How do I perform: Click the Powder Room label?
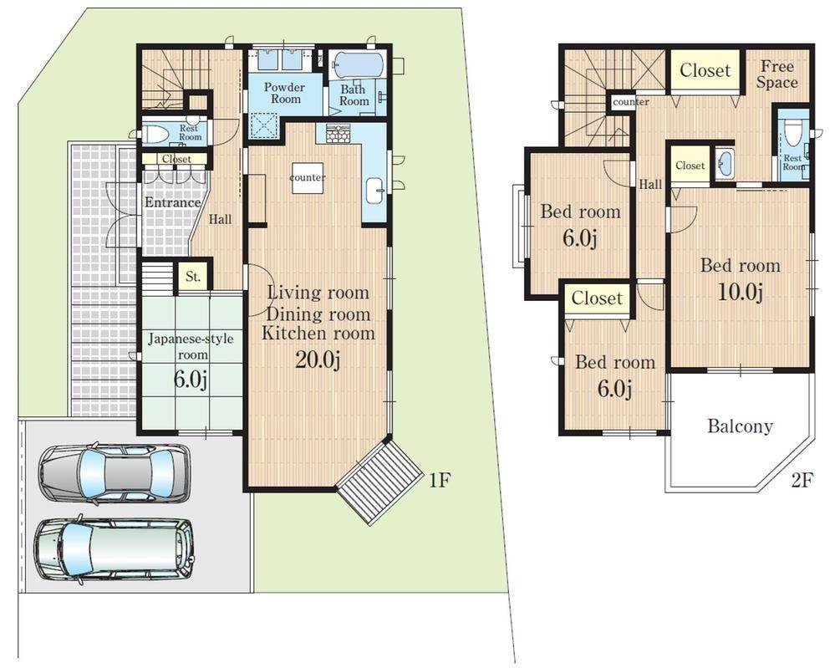(x=285, y=93)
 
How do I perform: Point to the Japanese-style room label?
(x=191, y=346)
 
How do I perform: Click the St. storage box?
(x=193, y=277)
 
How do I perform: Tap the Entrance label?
(x=173, y=202)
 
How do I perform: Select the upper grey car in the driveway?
(x=115, y=472)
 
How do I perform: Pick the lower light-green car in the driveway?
(x=115, y=550)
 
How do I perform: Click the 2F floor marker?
(x=802, y=481)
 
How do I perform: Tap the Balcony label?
(x=741, y=426)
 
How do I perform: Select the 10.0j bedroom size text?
(x=741, y=292)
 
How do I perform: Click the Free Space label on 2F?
(x=777, y=74)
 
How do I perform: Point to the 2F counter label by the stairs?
(x=631, y=102)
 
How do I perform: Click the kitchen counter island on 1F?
(x=308, y=177)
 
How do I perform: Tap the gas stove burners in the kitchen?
(x=337, y=134)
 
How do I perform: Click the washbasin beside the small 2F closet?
(x=726, y=162)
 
